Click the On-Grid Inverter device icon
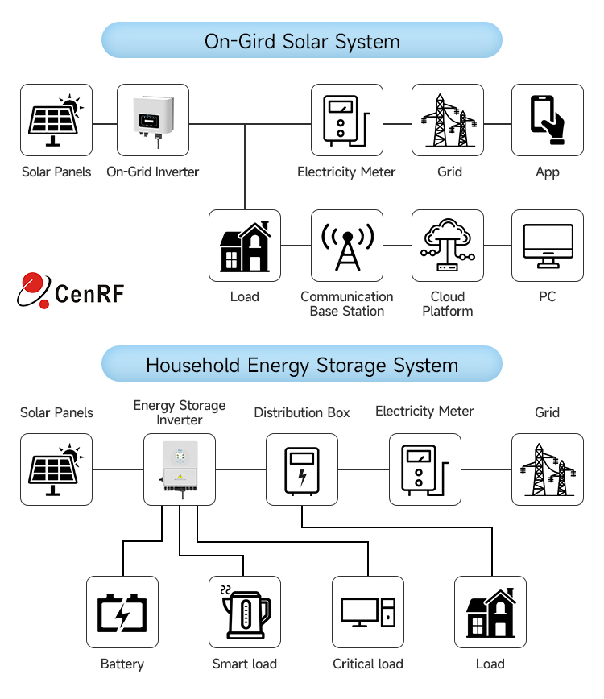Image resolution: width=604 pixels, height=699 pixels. tap(153, 120)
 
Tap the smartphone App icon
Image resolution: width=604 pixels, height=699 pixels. tap(548, 120)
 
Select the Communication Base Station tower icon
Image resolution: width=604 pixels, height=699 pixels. tap(347, 246)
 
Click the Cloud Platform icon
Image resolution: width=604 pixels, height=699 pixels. tap(448, 246)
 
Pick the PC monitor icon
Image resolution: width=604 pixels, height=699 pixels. tap(548, 246)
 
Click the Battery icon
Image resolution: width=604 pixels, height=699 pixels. tap(122, 612)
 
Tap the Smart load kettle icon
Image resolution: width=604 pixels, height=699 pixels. tap(245, 612)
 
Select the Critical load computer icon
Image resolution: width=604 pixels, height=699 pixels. tap(368, 612)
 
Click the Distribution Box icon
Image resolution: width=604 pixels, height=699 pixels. tap(302, 469)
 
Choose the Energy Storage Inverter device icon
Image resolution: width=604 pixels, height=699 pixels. tap(180, 469)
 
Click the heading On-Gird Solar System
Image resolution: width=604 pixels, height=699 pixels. tap(302, 41)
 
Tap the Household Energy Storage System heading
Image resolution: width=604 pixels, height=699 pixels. tap(302, 365)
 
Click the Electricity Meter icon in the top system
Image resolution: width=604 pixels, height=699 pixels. tap(347, 120)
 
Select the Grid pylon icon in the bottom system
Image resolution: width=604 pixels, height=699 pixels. tap(548, 469)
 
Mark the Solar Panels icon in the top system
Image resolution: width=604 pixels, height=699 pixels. tap(56, 120)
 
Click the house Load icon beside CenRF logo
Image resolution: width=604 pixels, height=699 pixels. tap(245, 246)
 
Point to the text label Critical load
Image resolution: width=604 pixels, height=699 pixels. tap(368, 664)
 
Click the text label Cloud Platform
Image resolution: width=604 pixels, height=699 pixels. tap(448, 304)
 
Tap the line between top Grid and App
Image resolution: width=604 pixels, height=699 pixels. tap(498, 124)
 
